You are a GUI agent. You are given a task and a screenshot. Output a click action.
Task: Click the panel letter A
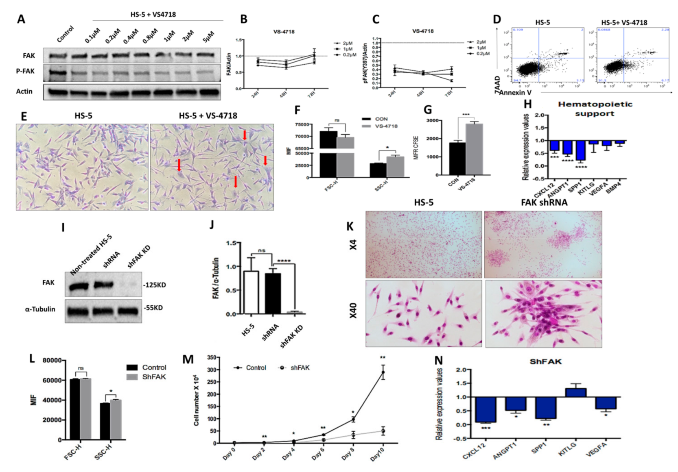tap(21, 19)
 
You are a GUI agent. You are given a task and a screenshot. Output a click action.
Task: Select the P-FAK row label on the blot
tap(25, 71)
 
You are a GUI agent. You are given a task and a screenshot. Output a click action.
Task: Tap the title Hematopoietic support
tap(595, 109)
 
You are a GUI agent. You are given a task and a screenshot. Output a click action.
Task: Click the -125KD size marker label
tap(155, 285)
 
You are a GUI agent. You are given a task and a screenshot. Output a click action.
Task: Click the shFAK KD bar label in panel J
tap(291, 337)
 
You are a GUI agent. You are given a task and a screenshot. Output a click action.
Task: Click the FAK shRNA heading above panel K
tap(544, 202)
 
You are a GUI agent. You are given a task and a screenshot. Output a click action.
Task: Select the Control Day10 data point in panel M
tap(383, 372)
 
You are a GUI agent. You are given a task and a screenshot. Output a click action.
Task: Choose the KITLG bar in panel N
tap(575, 392)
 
